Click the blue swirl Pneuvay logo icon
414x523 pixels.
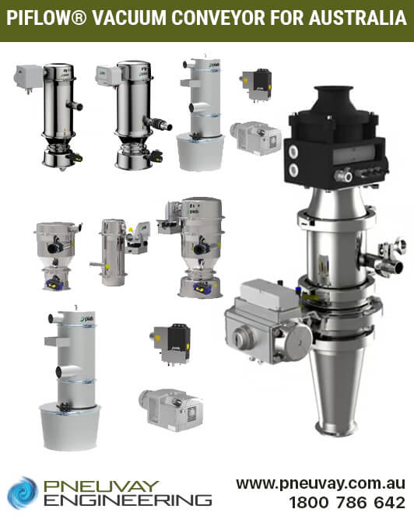click(x=23, y=492)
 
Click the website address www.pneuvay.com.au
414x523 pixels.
click(x=321, y=483)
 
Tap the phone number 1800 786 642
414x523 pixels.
click(x=347, y=503)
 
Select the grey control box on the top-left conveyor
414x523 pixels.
click(x=28, y=77)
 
